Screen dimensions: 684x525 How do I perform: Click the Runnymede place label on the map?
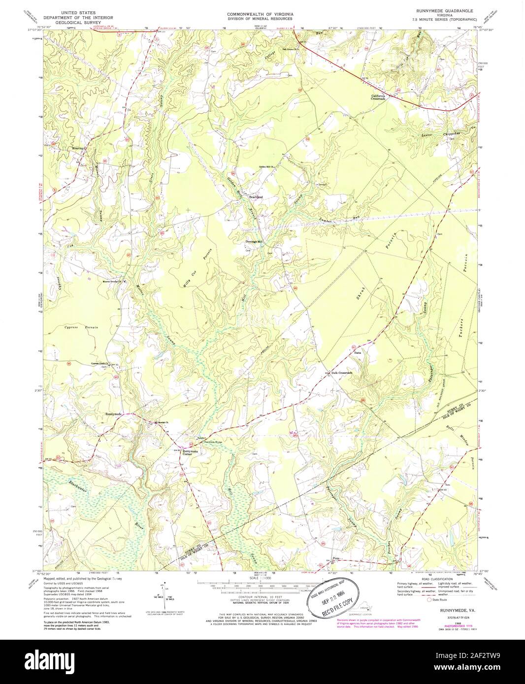tap(113, 414)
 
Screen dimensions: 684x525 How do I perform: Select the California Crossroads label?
tap(381, 97)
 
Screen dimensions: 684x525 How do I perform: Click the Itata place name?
tap(358, 353)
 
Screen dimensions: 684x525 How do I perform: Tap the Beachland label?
tap(256, 197)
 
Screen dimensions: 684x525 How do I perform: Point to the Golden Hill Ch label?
tap(266, 168)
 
